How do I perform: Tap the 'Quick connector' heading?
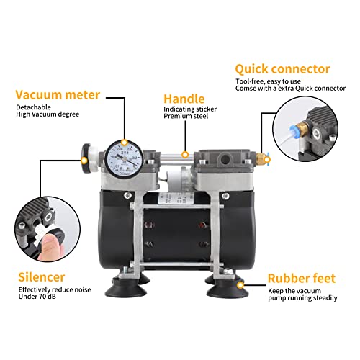pos(282,69)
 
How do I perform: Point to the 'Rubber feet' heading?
pos(301,277)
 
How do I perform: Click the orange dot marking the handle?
pos(185,153)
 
